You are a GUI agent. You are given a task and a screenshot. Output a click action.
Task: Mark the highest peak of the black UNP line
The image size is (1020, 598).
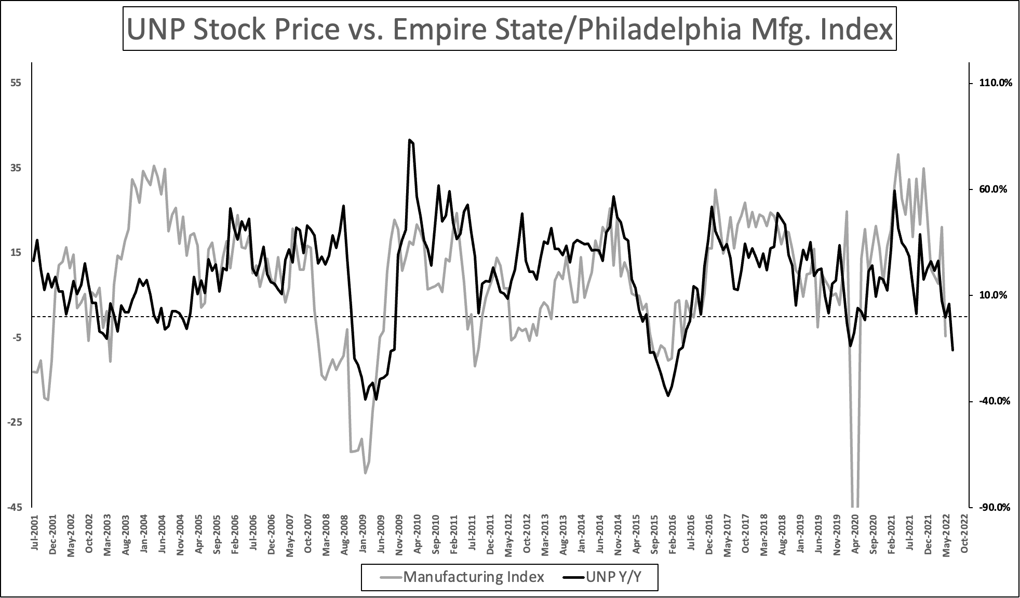410,140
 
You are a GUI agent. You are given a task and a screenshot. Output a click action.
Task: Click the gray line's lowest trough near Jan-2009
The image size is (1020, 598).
365,473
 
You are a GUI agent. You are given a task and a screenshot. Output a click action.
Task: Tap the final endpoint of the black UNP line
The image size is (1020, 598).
952,350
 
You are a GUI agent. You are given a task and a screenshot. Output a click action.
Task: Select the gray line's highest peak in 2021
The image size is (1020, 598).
898,154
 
